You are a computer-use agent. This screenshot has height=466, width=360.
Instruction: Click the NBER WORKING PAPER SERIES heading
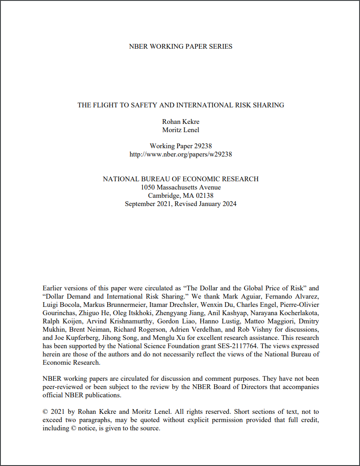click(181, 47)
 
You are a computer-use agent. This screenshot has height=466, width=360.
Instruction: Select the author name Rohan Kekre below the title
click(181, 122)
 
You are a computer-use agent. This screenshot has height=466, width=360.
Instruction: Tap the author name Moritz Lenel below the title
click(181, 130)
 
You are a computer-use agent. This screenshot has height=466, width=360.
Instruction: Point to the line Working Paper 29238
click(181, 146)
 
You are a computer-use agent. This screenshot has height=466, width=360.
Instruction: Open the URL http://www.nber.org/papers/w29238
click(181, 154)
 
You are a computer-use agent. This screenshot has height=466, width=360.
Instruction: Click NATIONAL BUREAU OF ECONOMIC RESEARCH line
click(181, 179)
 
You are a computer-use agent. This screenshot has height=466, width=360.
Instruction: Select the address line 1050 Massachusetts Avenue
click(181, 187)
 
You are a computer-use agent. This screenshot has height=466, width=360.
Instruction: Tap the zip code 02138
click(204, 196)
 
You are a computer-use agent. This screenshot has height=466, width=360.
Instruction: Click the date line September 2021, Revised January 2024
click(181, 204)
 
